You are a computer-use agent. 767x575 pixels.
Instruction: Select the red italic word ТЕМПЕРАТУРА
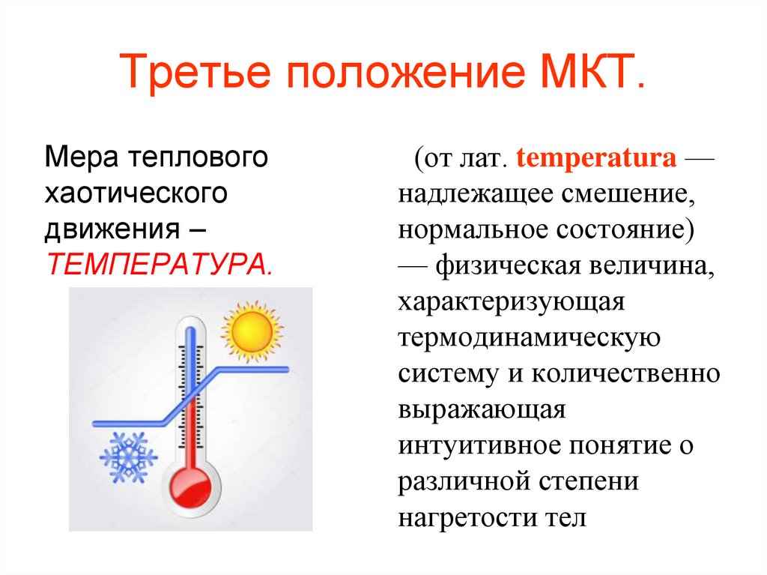[159, 263]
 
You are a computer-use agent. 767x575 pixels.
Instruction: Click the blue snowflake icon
[128, 457]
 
